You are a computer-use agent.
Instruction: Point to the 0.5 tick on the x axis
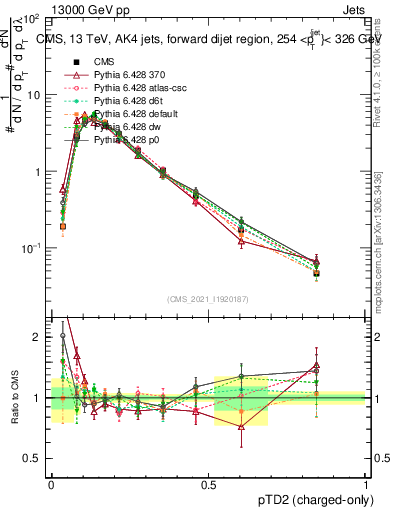click(208, 484)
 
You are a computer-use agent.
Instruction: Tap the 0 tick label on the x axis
click(51, 484)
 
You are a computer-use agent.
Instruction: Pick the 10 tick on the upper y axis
click(33, 95)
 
